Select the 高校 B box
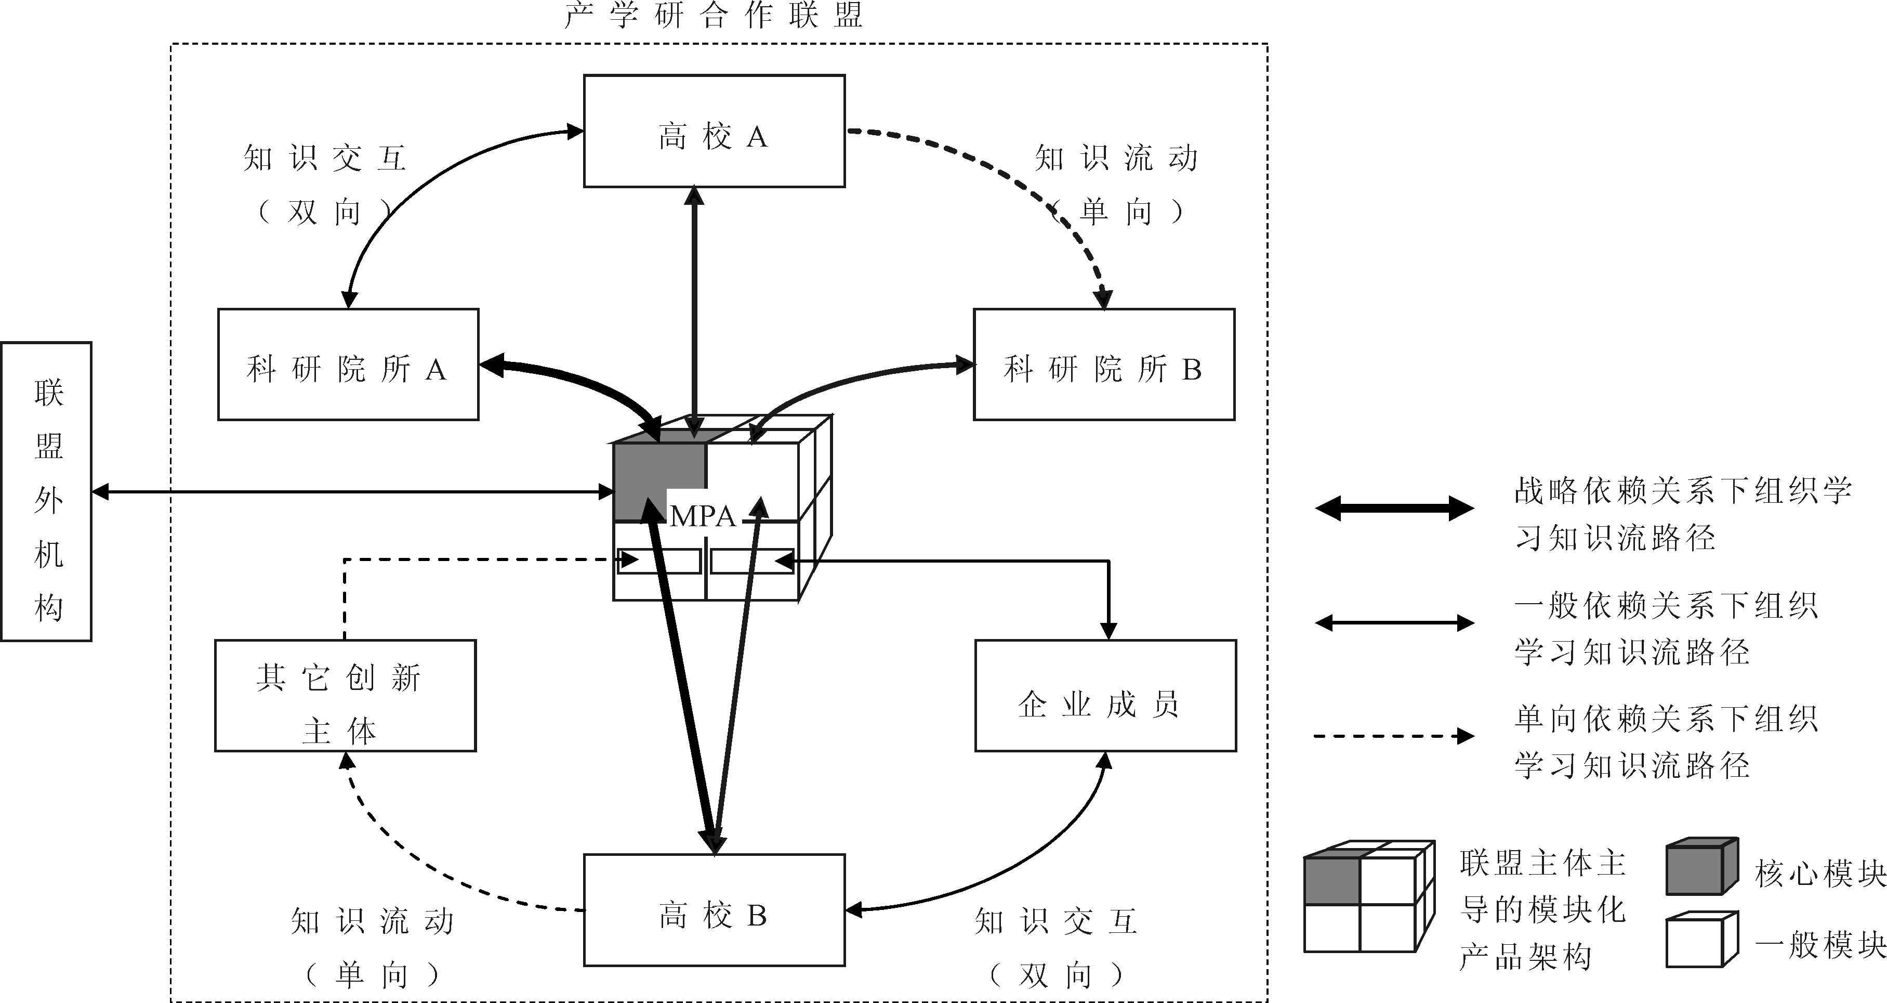[714, 910]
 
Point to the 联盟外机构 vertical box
[46, 491]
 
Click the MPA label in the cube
[702, 516]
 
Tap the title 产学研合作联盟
[714, 15]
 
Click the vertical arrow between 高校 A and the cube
[694, 308]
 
